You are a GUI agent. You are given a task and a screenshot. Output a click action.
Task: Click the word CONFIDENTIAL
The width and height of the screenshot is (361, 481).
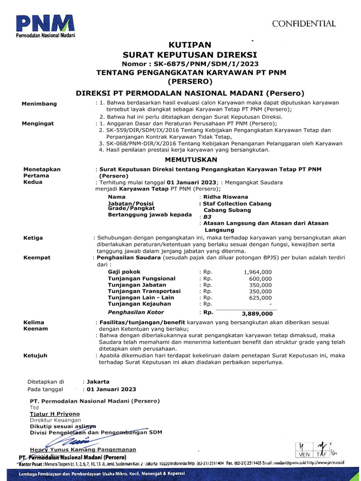click(304, 23)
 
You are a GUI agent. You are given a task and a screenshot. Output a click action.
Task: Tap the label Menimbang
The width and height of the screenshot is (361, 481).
click(39, 103)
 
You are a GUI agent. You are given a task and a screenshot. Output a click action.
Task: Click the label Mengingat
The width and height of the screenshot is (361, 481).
click(38, 124)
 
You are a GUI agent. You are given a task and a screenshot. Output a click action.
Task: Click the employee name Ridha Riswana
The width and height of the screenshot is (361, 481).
click(225, 197)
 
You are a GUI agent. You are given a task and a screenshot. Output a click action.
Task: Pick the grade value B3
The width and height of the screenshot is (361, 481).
click(207, 217)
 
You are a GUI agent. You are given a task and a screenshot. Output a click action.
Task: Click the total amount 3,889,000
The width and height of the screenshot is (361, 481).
click(257, 313)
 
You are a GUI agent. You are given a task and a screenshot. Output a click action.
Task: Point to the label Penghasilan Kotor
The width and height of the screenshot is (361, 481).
click(136, 312)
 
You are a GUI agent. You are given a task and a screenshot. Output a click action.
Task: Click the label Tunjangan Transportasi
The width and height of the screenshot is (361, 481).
click(144, 291)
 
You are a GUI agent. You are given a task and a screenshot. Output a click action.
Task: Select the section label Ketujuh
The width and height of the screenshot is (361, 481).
click(35, 356)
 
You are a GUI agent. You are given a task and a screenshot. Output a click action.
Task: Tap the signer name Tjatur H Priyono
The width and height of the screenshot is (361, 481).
click(55, 414)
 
